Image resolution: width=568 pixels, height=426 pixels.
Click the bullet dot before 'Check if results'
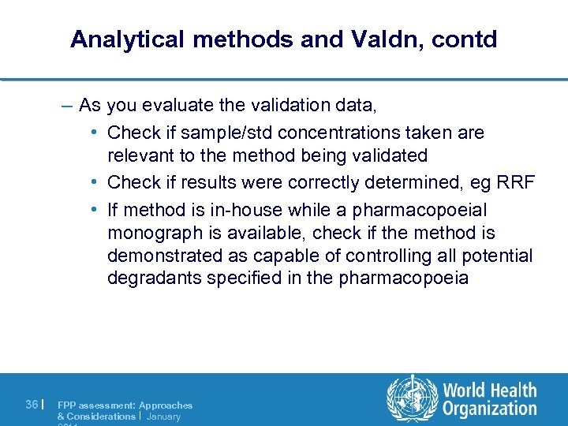[94, 182]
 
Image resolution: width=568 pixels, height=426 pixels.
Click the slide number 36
[32, 405]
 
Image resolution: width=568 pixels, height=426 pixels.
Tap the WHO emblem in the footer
[409, 398]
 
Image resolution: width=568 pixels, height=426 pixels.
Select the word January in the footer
[163, 416]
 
